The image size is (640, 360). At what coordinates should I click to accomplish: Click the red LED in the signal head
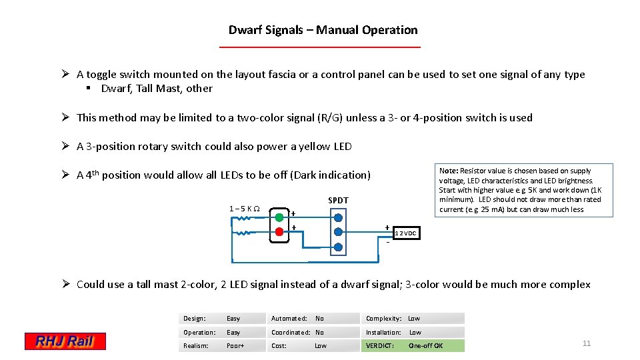(x=279, y=232)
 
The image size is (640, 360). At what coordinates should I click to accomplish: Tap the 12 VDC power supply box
(x=407, y=233)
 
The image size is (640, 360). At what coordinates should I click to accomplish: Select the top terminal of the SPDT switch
(x=338, y=217)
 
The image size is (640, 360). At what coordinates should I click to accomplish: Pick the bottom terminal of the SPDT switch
(x=338, y=247)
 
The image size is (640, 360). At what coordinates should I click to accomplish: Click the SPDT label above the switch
(x=338, y=201)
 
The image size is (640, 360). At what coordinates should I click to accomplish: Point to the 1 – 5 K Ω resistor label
(x=245, y=208)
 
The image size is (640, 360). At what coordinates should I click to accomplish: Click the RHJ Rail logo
(x=65, y=341)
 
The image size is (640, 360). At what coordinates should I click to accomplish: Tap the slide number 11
(x=587, y=343)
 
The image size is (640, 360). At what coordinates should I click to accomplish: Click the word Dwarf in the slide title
(x=244, y=30)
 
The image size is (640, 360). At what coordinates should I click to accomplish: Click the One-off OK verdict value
(x=425, y=346)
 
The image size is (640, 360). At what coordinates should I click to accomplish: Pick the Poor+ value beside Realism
(x=236, y=346)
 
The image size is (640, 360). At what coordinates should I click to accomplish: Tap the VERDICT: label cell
(x=380, y=346)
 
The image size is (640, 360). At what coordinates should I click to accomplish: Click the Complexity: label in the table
(x=383, y=319)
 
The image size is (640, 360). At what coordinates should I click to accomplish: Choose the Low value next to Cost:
(x=321, y=346)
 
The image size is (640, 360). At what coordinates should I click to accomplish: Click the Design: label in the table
(x=195, y=319)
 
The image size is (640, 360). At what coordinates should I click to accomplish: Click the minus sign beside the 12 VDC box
(x=388, y=241)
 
